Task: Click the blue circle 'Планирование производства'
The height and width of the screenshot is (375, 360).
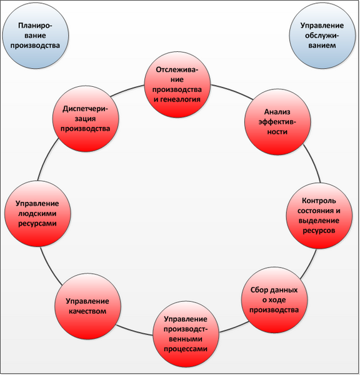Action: coord(36,36)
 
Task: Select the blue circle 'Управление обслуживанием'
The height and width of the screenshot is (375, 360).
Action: coord(322,36)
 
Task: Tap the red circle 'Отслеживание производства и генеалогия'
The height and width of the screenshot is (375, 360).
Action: coord(177,84)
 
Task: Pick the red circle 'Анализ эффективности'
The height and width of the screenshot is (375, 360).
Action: coord(277,122)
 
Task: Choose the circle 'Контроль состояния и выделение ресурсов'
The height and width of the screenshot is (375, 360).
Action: coord(319,216)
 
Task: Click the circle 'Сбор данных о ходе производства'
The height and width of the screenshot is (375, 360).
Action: coord(274,300)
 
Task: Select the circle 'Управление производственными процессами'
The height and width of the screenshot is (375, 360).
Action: coord(186,334)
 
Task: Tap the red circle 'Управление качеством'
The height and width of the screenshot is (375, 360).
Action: coord(87,306)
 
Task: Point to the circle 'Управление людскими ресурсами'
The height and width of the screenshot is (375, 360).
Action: coord(37,214)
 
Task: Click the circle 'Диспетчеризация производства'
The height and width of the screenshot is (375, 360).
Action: coord(86,119)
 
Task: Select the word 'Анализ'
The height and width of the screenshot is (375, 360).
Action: coord(277,112)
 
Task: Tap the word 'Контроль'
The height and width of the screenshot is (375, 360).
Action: coord(319,201)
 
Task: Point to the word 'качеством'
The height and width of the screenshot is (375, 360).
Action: coord(87,311)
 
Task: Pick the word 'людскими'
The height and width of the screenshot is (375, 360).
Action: coord(37,214)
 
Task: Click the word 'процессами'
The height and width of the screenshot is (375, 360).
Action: coord(186,349)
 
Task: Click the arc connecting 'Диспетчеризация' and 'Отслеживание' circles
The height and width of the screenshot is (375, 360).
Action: coord(127,89)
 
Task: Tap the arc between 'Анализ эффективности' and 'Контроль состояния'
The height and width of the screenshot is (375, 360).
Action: coord(313,163)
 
